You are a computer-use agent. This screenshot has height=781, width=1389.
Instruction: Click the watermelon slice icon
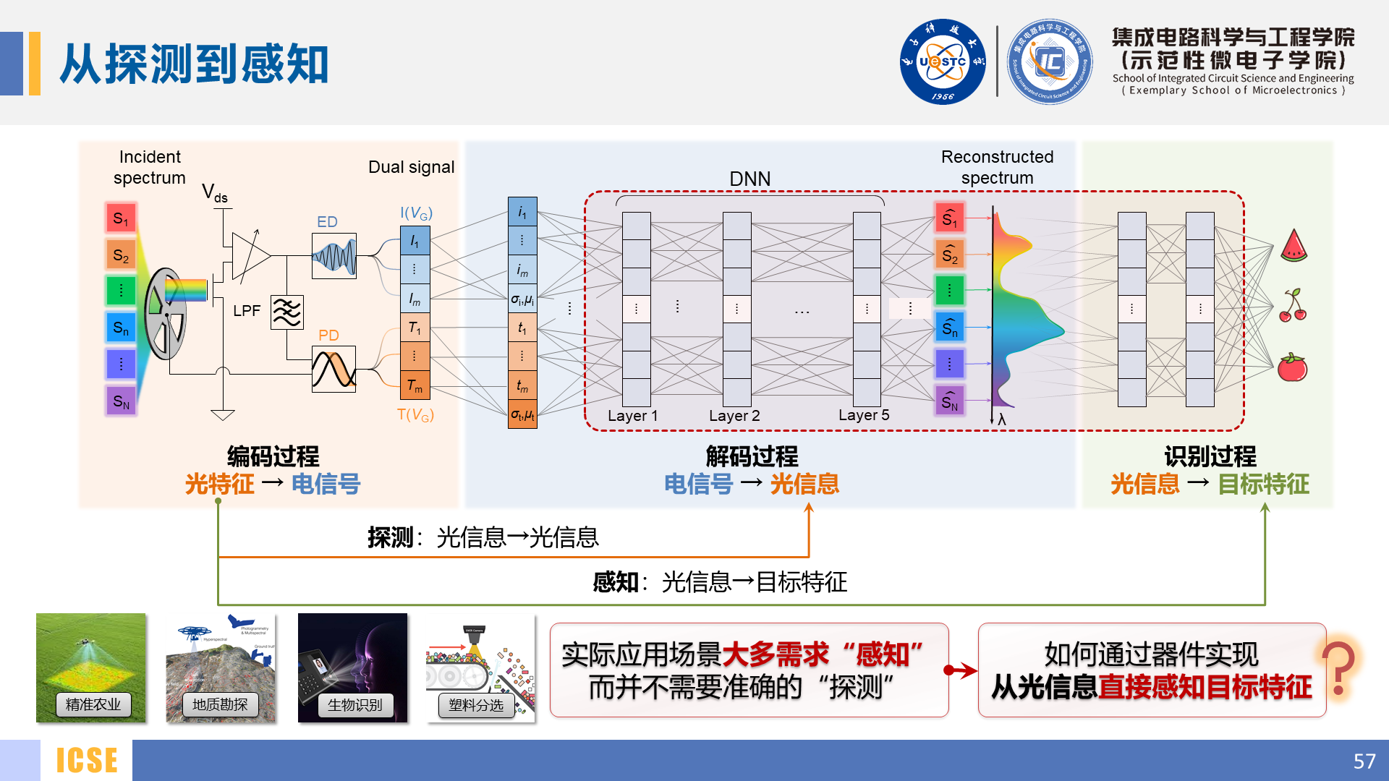tap(1294, 245)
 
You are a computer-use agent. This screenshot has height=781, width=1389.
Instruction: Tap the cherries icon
tap(1293, 306)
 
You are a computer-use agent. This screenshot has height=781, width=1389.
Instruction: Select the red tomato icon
tap(1292, 368)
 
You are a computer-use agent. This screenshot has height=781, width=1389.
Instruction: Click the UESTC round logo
tap(942, 61)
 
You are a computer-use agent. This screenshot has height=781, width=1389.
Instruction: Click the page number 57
tap(1364, 761)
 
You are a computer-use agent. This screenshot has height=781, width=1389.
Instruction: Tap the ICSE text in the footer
tap(87, 761)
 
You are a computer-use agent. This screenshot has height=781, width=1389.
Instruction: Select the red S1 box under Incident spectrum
tap(121, 218)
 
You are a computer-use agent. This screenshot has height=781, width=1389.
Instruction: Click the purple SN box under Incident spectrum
tap(121, 401)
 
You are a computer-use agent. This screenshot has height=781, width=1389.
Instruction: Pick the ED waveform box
tap(334, 256)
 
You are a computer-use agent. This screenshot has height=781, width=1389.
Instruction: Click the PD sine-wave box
tap(334, 369)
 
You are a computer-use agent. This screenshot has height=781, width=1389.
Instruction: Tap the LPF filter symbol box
tap(286, 312)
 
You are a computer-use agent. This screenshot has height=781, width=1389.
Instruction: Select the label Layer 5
tap(864, 415)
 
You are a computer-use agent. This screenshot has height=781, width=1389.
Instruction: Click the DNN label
tap(749, 179)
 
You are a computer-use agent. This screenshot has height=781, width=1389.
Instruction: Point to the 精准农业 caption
tap(93, 704)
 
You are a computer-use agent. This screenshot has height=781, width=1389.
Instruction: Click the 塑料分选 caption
tap(476, 705)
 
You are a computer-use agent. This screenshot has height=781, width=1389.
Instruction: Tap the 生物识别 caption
tap(354, 705)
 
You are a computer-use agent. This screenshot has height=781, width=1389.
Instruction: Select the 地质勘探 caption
tap(220, 704)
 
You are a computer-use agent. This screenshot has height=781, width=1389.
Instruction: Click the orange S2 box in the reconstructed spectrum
tap(950, 255)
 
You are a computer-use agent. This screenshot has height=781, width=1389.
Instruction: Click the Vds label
tap(214, 193)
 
